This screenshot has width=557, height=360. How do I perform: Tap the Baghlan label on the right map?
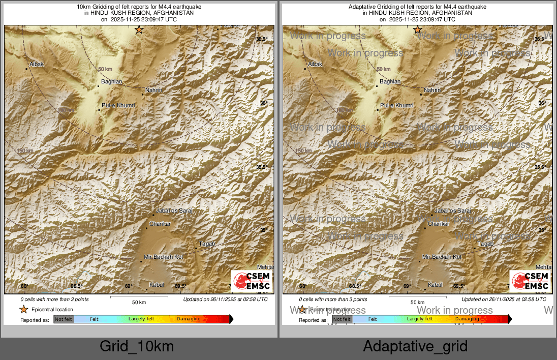click(390, 81)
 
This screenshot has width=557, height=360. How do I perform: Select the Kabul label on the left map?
click(157, 285)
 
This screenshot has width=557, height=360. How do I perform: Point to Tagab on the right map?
click(485, 244)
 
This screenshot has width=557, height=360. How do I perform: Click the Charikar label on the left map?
click(160, 224)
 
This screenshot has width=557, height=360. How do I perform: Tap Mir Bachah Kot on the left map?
click(163, 257)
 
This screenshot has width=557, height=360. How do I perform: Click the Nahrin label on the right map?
click(432, 90)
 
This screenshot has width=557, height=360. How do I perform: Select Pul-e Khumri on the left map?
click(118, 105)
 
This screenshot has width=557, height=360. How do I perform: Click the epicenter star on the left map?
click(139, 30)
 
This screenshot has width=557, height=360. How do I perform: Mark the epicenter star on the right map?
click(418, 30)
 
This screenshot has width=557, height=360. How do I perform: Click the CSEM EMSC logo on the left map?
click(252, 281)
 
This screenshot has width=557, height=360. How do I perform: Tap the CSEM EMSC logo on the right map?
click(530, 281)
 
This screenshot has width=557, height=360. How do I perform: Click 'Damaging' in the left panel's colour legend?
click(189, 319)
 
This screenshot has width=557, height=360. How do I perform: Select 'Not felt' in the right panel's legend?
click(342, 319)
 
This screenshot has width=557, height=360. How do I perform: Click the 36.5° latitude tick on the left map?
click(262, 39)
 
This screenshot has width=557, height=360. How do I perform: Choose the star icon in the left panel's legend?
click(23, 309)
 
